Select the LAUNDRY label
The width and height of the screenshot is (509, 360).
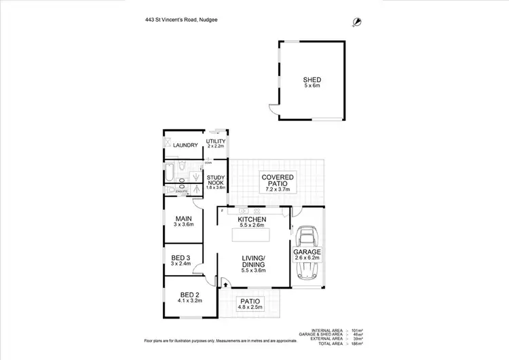click(185, 145)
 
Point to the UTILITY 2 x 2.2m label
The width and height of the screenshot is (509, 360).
click(216, 143)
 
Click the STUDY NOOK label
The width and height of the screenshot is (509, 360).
click(216, 182)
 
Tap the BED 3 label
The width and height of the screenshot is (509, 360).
click(181, 260)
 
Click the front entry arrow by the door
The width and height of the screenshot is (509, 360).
click(217, 286)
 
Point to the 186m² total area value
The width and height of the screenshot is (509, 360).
click(356, 343)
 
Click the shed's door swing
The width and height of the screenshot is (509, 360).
click(273, 110)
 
